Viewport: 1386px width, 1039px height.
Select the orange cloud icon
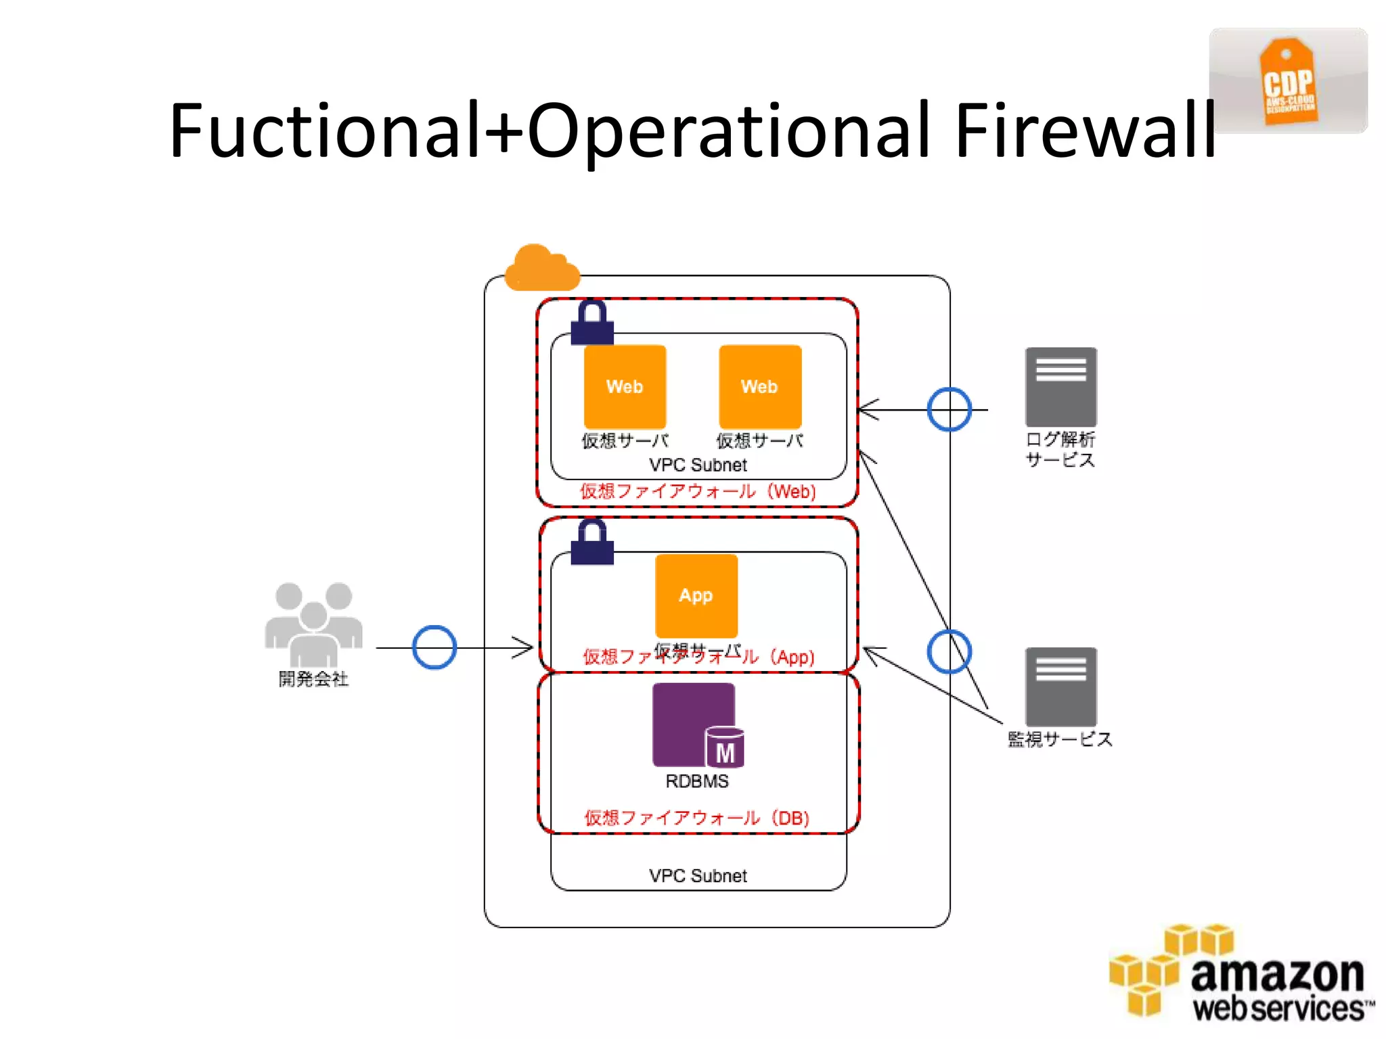tap(542, 269)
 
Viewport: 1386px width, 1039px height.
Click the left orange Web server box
tap(625, 386)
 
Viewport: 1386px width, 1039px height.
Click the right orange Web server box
tap(759, 386)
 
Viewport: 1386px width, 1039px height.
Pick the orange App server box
tap(696, 595)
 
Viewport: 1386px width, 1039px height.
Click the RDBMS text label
tap(697, 781)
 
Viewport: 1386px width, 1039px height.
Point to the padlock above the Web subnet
tap(592, 323)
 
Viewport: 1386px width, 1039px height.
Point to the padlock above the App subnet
tap(592, 542)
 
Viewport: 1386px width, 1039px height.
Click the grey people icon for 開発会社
tap(313, 624)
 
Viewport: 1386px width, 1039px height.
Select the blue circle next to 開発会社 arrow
tap(434, 647)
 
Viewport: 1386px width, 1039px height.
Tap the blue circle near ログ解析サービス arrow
tap(949, 409)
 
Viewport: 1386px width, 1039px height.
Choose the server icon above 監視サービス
tap(1060, 687)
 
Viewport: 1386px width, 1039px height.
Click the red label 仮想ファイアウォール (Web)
tap(697, 491)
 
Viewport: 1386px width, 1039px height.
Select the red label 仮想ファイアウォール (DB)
tap(697, 818)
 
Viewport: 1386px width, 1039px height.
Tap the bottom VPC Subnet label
tap(697, 876)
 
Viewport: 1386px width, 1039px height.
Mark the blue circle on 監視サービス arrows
tap(949, 651)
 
